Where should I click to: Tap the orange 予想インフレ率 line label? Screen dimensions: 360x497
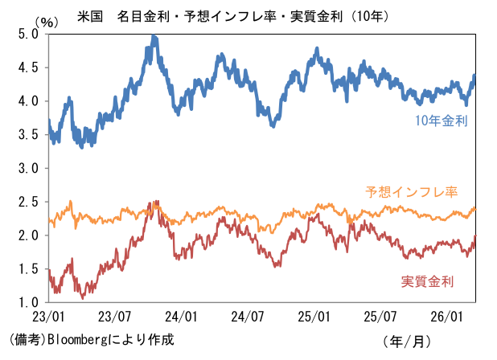pos(411,192)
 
